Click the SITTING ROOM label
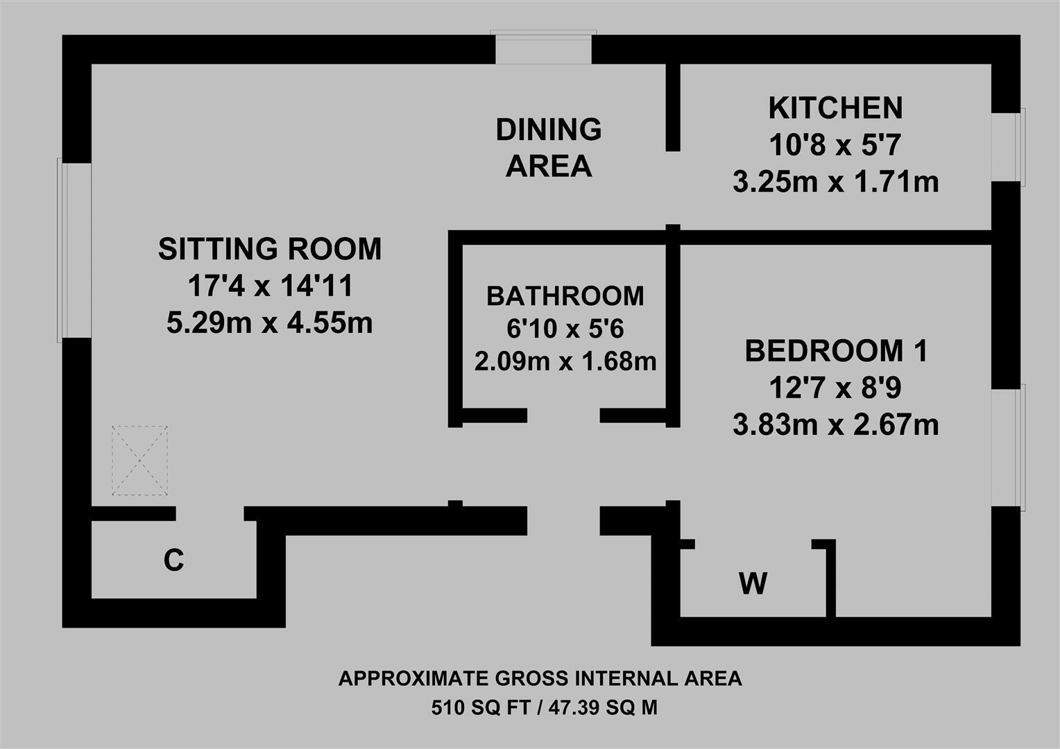(270, 249)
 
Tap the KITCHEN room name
(835, 108)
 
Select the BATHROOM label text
(565, 296)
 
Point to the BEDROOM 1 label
(835, 352)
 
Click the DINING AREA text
(548, 148)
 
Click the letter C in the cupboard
(173, 560)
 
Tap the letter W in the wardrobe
(753, 583)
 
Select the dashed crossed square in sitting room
(140, 460)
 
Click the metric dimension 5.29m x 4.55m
(270, 322)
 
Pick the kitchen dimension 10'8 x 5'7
(835, 146)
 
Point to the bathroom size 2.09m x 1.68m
(565, 361)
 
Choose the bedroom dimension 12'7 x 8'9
(835, 388)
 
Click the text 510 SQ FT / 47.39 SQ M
(544, 708)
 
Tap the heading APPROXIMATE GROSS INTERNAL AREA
(540, 678)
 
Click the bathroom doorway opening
(563, 416)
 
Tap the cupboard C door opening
(209, 514)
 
